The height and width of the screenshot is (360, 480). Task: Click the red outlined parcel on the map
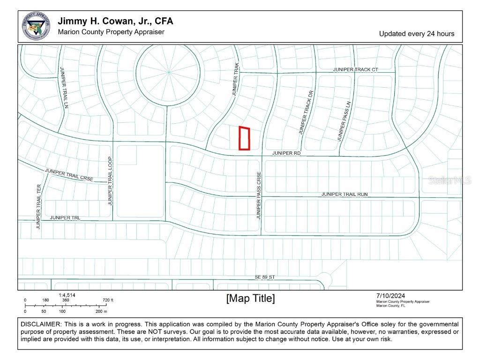coord(244,138)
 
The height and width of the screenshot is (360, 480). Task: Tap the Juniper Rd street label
coord(286,153)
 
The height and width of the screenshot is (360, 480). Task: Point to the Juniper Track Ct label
coord(355,69)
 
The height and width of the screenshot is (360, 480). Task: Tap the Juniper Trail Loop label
coord(110,180)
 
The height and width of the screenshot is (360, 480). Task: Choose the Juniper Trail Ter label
coord(39,206)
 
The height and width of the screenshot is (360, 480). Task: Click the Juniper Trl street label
coord(65,217)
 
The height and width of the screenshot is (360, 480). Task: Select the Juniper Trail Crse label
coord(69,175)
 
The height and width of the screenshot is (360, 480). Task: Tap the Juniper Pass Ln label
coord(343,121)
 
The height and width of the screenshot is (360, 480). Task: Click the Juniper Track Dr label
coord(305,112)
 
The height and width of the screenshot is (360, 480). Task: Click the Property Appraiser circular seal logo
coord(36,27)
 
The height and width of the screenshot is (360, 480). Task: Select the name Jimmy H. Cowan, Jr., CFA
coord(115,21)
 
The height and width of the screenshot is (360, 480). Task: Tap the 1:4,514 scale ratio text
coord(67,295)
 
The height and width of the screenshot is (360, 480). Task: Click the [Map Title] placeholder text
coord(250,298)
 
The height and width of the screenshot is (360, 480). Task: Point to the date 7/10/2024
coord(390,295)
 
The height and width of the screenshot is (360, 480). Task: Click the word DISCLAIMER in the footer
coord(41,324)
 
